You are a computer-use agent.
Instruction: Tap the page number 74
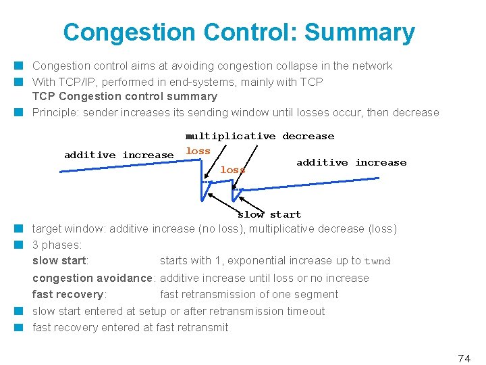pos(464,359)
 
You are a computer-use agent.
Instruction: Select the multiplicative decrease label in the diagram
pos(260,136)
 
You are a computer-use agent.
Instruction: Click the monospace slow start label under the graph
pos(269,214)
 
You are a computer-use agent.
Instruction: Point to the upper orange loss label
pos(198,151)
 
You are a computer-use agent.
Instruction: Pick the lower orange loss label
pos(232,170)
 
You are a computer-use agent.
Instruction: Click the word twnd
pos(377,262)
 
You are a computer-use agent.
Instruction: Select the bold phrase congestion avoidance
pos(93,278)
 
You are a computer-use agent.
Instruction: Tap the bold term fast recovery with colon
pos(70,294)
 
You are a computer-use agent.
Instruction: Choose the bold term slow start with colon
pos(61,261)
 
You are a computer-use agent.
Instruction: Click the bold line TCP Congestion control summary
pos(125,96)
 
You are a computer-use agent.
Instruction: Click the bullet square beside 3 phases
pos(22,245)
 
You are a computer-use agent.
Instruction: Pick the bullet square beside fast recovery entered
pos(22,327)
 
